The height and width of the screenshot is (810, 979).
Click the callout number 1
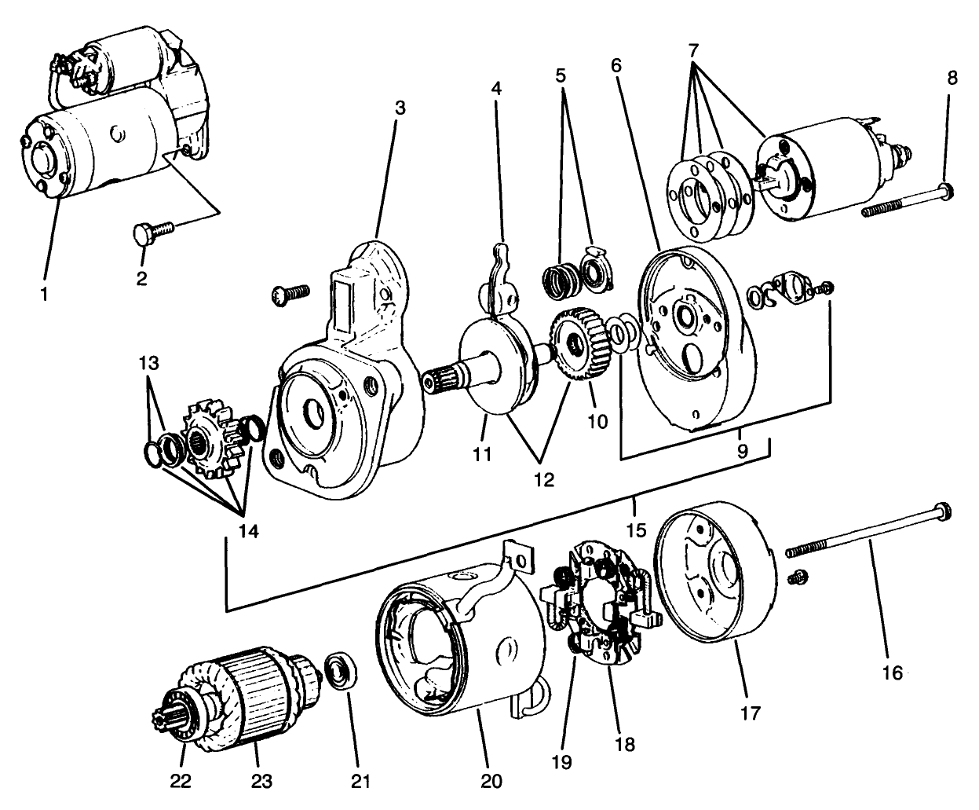coord(45,295)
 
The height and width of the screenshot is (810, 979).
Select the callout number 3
coord(400,109)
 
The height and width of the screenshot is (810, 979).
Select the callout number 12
coord(542,478)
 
